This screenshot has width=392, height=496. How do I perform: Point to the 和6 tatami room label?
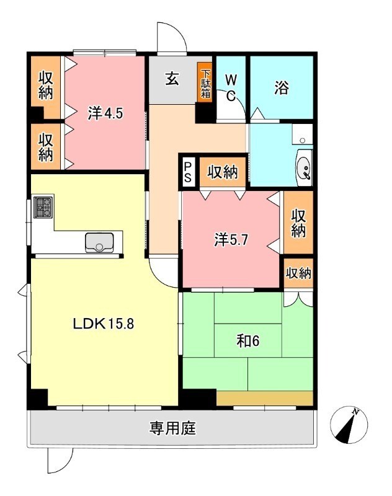246,340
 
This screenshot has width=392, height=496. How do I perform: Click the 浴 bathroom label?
281,89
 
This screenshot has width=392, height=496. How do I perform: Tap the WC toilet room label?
231,87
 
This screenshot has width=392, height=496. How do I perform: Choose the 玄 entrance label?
172,80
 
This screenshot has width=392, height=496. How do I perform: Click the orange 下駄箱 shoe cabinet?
205,82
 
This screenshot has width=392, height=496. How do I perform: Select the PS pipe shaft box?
188,171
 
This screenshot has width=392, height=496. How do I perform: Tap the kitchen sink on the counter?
99,242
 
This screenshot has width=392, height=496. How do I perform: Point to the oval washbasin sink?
304,167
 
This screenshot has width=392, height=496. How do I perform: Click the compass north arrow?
350,424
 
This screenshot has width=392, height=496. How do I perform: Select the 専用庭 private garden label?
172,428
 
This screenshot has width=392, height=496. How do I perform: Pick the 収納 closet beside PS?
223,172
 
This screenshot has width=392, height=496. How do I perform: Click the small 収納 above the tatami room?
298,273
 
